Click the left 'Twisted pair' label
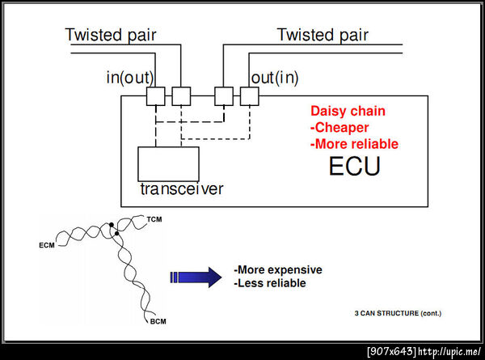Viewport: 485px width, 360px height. tap(111, 35)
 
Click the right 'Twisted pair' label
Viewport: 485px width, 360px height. tap(323, 35)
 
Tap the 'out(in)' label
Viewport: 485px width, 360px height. tap(275, 78)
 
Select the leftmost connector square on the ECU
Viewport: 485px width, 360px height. tap(156, 96)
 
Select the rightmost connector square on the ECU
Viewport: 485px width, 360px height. tap(249, 96)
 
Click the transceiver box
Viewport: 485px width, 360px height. tap(168, 164)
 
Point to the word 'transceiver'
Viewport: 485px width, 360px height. tap(182, 189)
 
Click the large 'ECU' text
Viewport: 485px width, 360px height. tap(354, 167)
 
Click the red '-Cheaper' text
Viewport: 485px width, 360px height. tap(339, 127)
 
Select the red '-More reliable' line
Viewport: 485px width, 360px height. tap(354, 144)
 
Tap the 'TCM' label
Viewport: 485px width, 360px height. tap(154, 219)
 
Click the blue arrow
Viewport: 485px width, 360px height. tap(196, 277)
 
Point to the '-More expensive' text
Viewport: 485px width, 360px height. tap(277, 269)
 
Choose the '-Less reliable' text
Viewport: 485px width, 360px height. tap(270, 283)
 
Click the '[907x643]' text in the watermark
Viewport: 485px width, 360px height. tap(391, 351)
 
